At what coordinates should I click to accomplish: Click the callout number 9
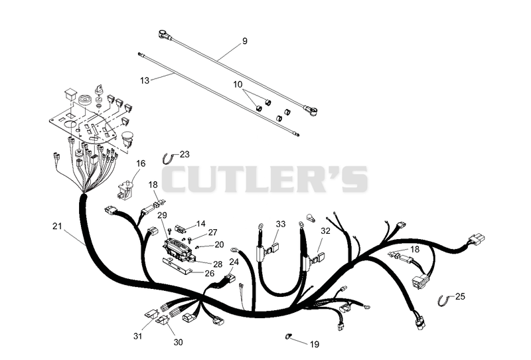(x=244, y=41)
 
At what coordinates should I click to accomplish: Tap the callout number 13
(x=145, y=80)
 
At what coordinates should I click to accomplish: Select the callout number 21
(x=57, y=226)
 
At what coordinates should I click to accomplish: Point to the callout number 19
(x=315, y=345)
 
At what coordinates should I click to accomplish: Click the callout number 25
(x=460, y=297)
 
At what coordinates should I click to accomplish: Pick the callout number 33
(x=281, y=224)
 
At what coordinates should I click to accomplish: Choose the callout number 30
(x=178, y=342)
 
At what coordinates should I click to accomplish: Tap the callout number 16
(x=141, y=164)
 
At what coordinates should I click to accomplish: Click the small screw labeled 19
(x=289, y=336)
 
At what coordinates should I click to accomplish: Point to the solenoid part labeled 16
(x=125, y=191)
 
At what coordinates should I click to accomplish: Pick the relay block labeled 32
(x=319, y=257)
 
